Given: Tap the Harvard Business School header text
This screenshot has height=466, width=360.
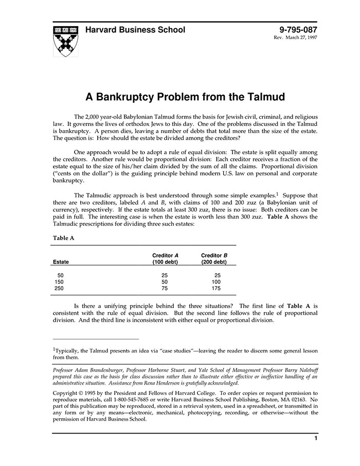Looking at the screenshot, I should (135, 30).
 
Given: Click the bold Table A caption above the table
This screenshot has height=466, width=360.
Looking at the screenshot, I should (63, 238).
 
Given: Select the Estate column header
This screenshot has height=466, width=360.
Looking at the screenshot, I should (61, 262).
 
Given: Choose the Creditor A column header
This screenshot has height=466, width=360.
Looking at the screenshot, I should (165, 259).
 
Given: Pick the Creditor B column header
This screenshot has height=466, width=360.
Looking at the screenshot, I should (214, 259).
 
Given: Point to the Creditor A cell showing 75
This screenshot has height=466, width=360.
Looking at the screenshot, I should (165, 289).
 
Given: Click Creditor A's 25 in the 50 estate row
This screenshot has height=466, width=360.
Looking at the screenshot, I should (165, 276).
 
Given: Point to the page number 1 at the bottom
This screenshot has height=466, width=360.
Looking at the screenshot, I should (315, 438).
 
